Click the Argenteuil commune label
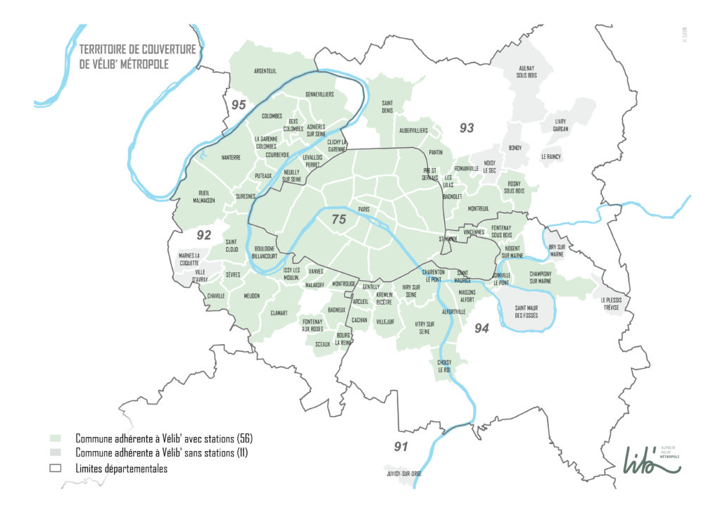click(265, 71)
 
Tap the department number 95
click(240, 105)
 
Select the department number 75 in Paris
click(339, 220)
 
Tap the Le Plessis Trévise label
click(612, 303)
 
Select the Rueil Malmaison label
click(204, 195)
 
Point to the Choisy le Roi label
click(444, 366)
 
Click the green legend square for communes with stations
click(58, 437)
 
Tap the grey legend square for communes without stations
click(58, 452)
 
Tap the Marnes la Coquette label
click(189, 259)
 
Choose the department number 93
click(467, 128)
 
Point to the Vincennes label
click(474, 232)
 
